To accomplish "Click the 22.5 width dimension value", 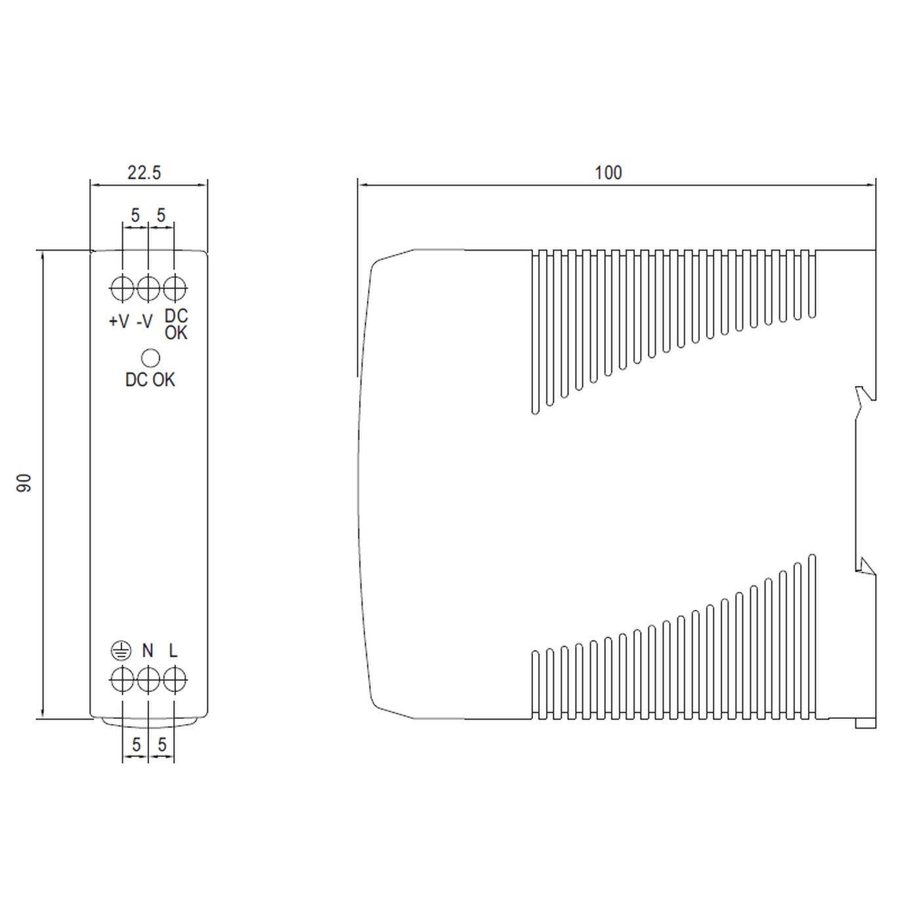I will pyautogui.click(x=144, y=173).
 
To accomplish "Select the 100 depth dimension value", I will pyautogui.click(x=608, y=173).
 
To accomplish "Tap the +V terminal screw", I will pyautogui.click(x=122, y=288).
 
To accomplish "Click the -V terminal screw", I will pyautogui.click(x=148, y=288).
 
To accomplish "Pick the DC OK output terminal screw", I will pyautogui.click(x=174, y=288).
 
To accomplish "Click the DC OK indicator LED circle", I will pyautogui.click(x=151, y=358).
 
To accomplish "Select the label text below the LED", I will pyautogui.click(x=150, y=379).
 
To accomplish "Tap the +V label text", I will pyautogui.click(x=119, y=321).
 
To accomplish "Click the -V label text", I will pyautogui.click(x=144, y=321).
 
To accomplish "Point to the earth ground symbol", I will pyautogui.click(x=121, y=651).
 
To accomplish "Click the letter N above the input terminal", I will pyautogui.click(x=148, y=651).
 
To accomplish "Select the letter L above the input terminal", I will pyautogui.click(x=173, y=651).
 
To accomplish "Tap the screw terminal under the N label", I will pyautogui.click(x=148, y=680).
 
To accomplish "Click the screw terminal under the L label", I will pyautogui.click(x=174, y=680).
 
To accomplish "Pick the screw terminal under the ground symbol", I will pyautogui.click(x=122, y=680).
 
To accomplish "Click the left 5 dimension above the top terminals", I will pyautogui.click(x=135, y=215).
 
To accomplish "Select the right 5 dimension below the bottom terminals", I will pyautogui.click(x=162, y=744).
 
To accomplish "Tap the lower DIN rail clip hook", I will pyautogui.click(x=866, y=565).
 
